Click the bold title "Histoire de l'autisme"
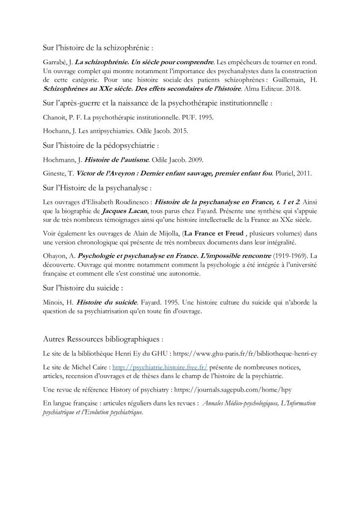click(117, 160)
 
